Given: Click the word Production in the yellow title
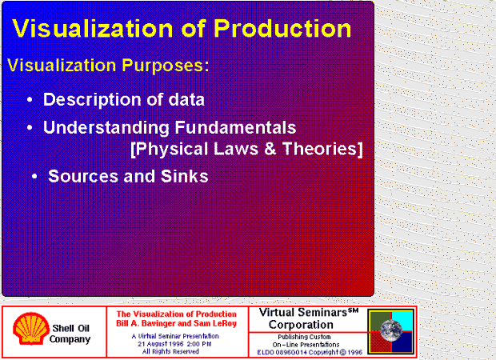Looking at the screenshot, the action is [x=282, y=29].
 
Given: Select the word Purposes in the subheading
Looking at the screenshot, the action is [x=165, y=65].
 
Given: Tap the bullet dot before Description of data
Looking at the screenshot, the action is [x=30, y=100].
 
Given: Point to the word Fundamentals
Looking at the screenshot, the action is [x=235, y=127].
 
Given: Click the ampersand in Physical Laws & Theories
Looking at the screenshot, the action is [x=270, y=149].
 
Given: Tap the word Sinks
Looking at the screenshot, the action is [x=185, y=176].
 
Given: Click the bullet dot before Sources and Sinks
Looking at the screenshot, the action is [x=34, y=177].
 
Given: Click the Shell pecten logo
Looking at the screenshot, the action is [x=31, y=328].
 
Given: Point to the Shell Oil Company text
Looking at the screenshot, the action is [x=70, y=334].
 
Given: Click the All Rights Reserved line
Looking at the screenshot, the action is [x=170, y=351].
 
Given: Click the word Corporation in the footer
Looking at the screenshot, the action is [x=301, y=325].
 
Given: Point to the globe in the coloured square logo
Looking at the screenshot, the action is [x=391, y=330].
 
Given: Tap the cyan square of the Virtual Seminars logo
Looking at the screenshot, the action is [x=402, y=321].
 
